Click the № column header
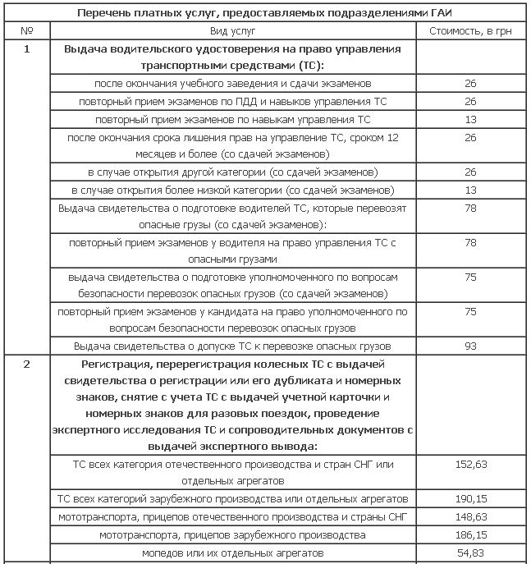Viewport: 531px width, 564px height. (27, 30)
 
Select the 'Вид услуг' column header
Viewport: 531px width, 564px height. (233, 30)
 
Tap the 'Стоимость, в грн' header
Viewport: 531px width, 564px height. (469, 30)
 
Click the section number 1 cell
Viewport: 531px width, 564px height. (27, 49)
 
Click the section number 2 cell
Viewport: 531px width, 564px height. (27, 365)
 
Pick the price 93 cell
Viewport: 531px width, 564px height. (470, 346)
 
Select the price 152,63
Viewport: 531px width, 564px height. (470, 465)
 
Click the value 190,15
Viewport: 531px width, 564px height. (470, 498)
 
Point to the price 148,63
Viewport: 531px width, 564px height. (470, 516)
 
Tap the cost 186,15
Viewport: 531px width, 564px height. (470, 534)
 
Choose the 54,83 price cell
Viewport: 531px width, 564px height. (470, 553)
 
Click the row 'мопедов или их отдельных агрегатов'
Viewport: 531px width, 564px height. (233, 553)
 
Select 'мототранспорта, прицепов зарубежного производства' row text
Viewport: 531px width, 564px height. (233, 534)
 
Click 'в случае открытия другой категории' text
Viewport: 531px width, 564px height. (233, 172)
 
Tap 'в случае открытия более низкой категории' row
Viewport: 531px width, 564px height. (233, 190)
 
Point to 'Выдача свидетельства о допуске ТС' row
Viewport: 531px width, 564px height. (233, 346)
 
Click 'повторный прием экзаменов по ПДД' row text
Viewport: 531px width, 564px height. (233, 101)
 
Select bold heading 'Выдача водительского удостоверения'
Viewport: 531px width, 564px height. (233, 57)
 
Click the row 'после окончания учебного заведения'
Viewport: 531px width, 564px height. (233, 83)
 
